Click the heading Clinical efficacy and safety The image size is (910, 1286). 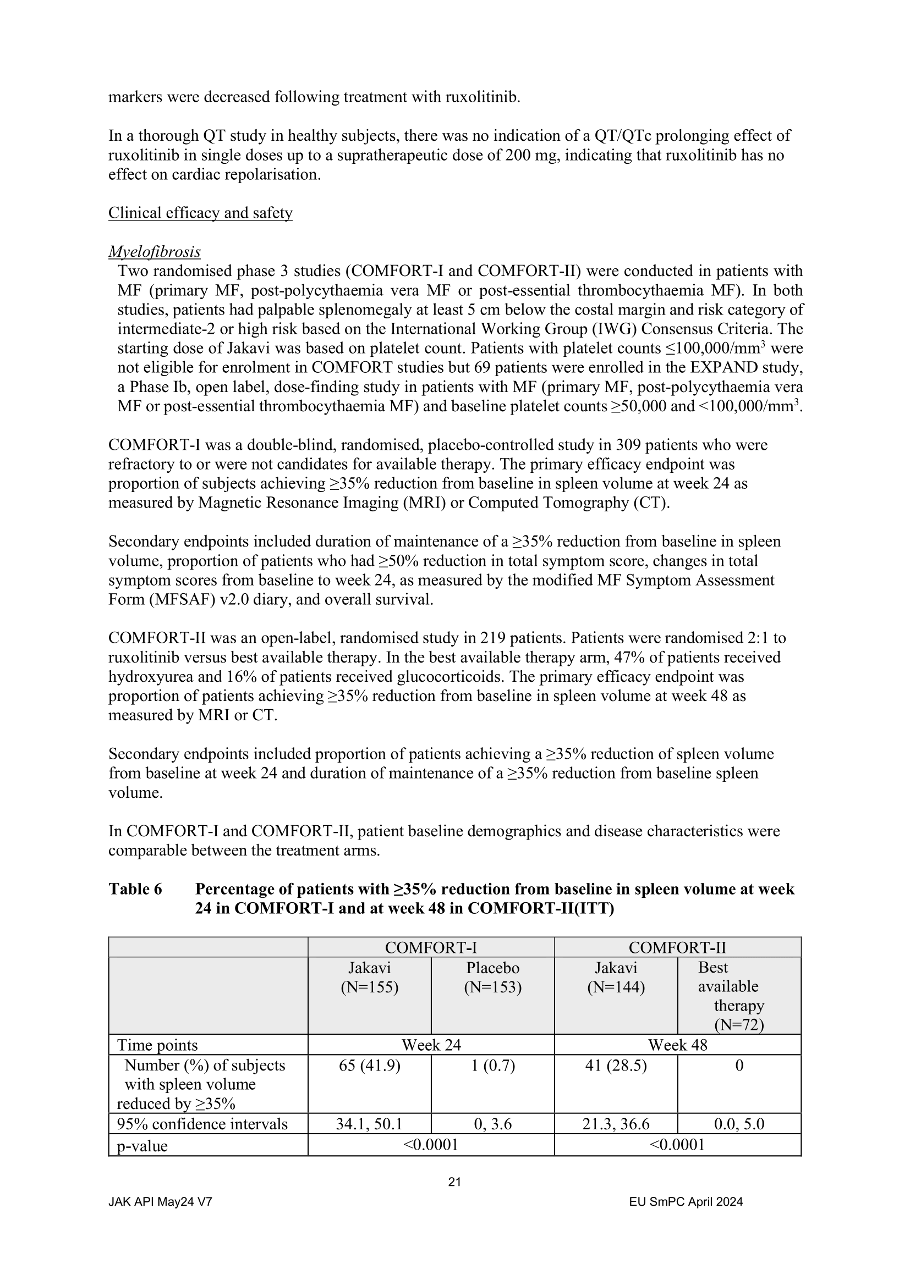(200, 213)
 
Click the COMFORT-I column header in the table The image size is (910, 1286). (430, 948)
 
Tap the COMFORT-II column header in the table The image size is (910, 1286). (677, 948)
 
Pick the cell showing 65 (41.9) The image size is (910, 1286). (369, 1066)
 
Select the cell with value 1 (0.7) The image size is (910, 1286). (492, 1066)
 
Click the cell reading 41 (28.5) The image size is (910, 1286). (615, 1066)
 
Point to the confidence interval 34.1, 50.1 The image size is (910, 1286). (369, 1124)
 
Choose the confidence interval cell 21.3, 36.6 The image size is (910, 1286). (615, 1124)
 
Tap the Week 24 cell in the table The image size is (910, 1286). (430, 1045)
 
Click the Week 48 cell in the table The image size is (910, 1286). (677, 1045)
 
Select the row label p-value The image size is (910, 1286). (142, 1146)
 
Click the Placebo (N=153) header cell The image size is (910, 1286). (492, 978)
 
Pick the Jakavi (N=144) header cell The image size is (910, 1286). (615, 978)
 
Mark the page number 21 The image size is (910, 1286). (454, 1182)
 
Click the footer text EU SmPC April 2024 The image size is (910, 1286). (686, 1201)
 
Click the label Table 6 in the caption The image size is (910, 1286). (135, 890)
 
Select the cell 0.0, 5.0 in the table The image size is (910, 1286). (738, 1124)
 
